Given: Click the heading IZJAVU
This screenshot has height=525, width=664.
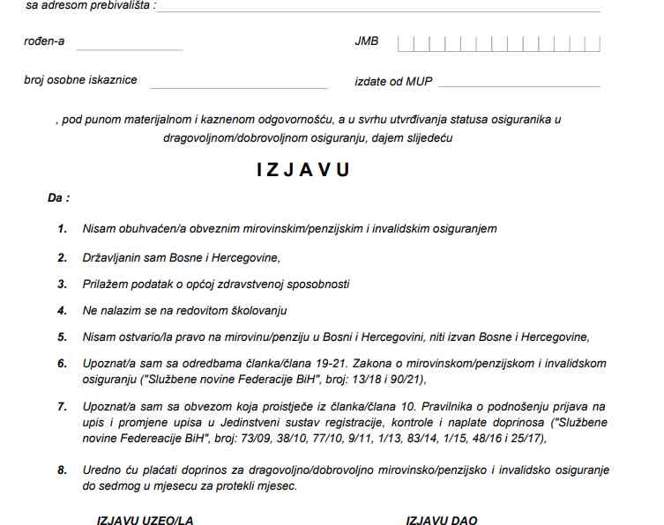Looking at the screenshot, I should (x=302, y=170).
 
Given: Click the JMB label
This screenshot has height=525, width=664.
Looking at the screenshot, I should (x=366, y=41).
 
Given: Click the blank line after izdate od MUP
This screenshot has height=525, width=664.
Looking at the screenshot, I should (x=519, y=85).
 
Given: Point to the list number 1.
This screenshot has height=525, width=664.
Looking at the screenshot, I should (x=63, y=228).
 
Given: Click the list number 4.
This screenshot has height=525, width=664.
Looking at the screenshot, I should (x=63, y=310).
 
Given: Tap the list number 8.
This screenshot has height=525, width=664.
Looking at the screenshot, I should (x=63, y=470).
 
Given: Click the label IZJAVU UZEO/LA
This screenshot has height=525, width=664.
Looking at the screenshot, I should (x=145, y=520).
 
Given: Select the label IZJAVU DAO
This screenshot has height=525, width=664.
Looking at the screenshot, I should (x=441, y=520).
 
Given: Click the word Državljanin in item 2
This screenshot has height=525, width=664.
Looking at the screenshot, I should (x=112, y=257).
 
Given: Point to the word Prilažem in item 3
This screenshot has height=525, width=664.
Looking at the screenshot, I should (x=105, y=284).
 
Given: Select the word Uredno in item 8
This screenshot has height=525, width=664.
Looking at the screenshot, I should (x=100, y=470).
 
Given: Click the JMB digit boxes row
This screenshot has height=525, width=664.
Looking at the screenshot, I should (x=499, y=42).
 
